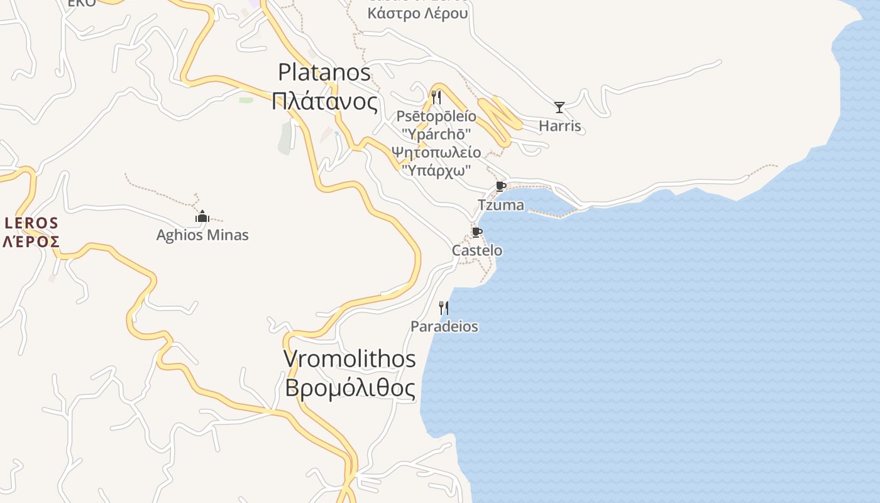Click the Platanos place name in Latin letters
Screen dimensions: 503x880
(324, 72)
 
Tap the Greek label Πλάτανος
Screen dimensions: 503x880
(324, 101)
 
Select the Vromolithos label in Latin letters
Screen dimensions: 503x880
(349, 359)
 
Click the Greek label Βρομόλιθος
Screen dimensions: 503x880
(349, 388)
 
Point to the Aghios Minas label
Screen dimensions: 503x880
(202, 235)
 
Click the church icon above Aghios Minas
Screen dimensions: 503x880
(202, 218)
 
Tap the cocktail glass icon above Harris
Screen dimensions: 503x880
(559, 108)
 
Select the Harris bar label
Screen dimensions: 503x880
(560, 126)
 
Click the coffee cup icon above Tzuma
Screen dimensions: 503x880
(500, 187)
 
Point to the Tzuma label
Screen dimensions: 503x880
(501, 205)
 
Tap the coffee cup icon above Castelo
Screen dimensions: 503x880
(477, 232)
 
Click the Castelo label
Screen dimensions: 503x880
(477, 250)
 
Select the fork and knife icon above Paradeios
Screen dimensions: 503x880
(444, 307)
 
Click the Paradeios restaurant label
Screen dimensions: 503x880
(444, 326)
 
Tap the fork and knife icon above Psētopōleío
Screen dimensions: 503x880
(436, 97)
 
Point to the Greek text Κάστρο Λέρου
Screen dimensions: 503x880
(418, 13)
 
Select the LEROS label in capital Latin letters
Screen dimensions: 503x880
(31, 223)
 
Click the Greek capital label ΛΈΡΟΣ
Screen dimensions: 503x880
(31, 241)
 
